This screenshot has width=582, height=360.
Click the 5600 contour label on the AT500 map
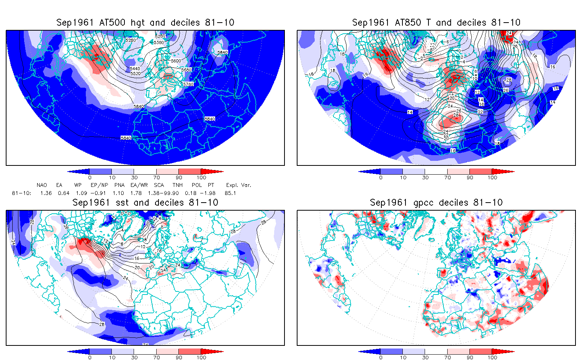pyautogui.click(x=176, y=61)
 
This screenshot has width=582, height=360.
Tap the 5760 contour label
pyautogui.click(x=188, y=84)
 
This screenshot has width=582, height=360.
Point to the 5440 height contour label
pyautogui.click(x=135, y=69)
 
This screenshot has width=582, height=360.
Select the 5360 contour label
pyautogui.click(x=159, y=43)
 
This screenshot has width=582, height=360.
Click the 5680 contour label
pyautogui.click(x=186, y=70)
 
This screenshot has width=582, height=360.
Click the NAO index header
pyautogui.click(x=42, y=185)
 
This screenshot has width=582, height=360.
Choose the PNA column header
pyautogui.click(x=119, y=185)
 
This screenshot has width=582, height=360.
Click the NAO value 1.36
pyautogui.click(x=46, y=193)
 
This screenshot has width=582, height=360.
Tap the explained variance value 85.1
pyautogui.click(x=230, y=193)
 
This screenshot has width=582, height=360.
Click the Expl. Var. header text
pyautogui.click(x=239, y=185)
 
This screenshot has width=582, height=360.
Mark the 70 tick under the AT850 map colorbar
pyautogui.click(x=448, y=177)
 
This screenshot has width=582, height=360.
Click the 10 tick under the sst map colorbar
pyautogui.click(x=112, y=357)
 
